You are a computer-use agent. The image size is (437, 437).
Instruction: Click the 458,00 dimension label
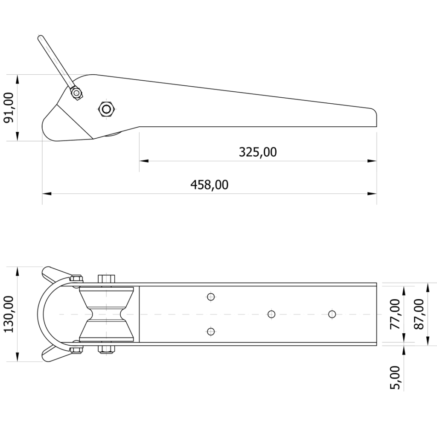[209, 185]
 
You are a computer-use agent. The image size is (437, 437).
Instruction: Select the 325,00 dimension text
[258, 152]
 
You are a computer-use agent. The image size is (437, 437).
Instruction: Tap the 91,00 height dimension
[9, 108]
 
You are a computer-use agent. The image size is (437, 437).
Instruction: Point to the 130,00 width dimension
[9, 314]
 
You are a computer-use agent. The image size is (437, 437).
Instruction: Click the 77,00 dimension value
[395, 314]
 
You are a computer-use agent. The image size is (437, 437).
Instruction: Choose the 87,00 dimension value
[419, 314]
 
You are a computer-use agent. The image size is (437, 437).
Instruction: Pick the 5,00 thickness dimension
[395, 378]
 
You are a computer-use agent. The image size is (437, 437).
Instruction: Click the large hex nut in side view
[106, 108]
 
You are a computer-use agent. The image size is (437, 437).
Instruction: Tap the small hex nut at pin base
[76, 93]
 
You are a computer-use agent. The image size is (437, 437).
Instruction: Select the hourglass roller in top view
[106, 314]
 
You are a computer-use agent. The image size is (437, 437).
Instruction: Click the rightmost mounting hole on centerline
[332, 314]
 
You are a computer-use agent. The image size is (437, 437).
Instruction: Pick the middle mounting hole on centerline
[271, 314]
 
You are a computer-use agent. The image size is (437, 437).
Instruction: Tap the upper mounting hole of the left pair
[211, 297]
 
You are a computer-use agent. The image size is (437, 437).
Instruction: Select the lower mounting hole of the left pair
[211, 331]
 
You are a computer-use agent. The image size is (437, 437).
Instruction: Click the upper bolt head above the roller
[106, 279]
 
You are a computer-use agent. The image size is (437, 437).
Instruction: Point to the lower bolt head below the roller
[106, 350]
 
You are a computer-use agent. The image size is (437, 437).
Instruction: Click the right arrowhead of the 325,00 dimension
[372, 161]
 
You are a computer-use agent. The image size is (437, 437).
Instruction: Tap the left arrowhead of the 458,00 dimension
[47, 193]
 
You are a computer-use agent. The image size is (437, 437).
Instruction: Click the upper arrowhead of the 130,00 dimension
[17, 271]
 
